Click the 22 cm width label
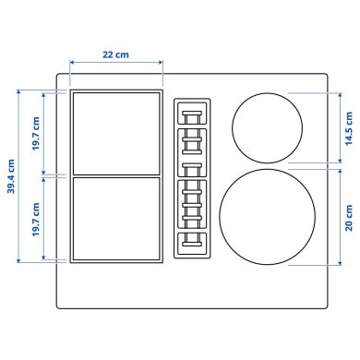coord(115,54)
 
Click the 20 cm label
coord(348,217)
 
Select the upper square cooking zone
coord(115,132)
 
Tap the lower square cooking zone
coord(115,219)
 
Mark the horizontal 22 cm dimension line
coord(115,65)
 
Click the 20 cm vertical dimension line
coord(335,217)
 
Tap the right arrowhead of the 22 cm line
coord(160,65)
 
